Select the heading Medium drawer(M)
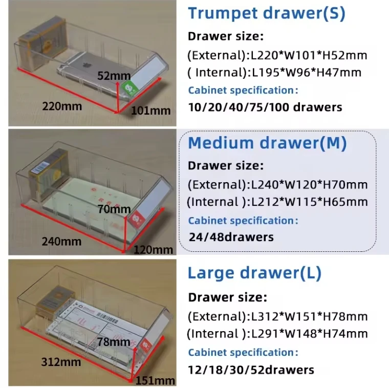[x=267, y=143]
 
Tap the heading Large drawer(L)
[x=254, y=273]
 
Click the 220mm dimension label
[x=62, y=106]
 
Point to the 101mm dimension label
[x=151, y=111]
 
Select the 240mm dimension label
[x=62, y=241]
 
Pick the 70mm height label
[x=114, y=209]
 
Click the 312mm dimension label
[x=61, y=362]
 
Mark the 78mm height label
[x=113, y=341]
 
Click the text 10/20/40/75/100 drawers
[x=265, y=107]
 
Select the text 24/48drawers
[x=231, y=237]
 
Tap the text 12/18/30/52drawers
[x=251, y=370]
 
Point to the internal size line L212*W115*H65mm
[x=277, y=202]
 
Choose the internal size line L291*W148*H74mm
[x=277, y=334]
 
